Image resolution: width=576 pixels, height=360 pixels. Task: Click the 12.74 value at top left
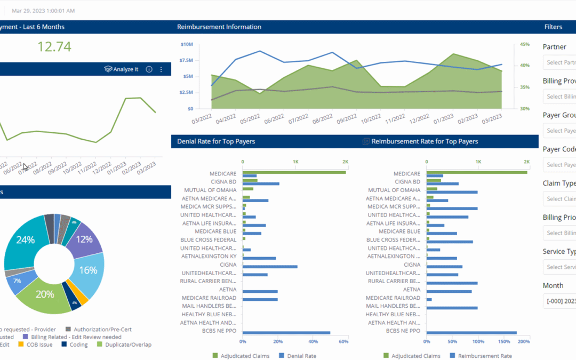(x=54, y=47)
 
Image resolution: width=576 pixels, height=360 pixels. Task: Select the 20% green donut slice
(x=45, y=294)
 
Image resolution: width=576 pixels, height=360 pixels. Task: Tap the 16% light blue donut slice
(x=88, y=270)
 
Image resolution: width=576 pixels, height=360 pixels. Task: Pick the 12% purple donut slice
(x=84, y=239)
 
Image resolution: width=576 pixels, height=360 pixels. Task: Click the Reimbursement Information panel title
(x=219, y=27)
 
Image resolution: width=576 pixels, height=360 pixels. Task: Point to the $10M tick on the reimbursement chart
(x=186, y=44)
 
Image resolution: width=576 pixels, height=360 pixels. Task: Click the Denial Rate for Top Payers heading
(x=216, y=141)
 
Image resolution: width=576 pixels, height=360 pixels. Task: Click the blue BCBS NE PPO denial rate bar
(x=286, y=333)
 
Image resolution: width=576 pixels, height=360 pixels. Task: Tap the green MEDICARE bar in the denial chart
(x=294, y=172)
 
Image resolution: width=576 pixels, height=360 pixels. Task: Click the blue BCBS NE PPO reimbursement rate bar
(x=471, y=333)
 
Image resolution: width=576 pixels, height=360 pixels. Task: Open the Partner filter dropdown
(x=559, y=62)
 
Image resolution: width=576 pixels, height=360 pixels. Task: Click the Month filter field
(x=559, y=301)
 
